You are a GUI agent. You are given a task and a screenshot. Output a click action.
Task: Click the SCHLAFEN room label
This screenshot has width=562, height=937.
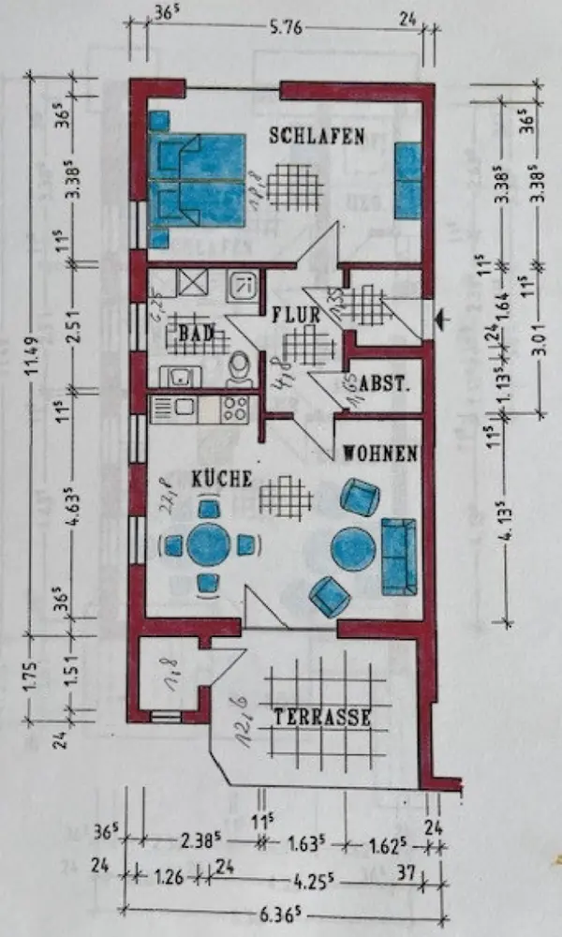pos(317,136)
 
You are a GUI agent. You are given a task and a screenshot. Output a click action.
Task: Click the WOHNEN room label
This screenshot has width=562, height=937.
pos(379,454)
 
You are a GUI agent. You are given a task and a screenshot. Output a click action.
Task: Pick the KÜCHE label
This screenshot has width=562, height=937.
pos(222,478)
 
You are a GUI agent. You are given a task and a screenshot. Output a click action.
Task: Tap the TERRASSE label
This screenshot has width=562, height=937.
pos(322,718)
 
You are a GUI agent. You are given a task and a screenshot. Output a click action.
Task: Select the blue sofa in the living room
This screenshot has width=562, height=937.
pos(397,556)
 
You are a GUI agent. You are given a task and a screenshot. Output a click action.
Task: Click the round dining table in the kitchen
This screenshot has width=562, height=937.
pos(208,544)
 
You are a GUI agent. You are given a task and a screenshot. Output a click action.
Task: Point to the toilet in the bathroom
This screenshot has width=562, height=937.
pos(240,368)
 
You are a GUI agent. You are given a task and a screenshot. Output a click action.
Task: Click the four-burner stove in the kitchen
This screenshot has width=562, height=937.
pos(234,408)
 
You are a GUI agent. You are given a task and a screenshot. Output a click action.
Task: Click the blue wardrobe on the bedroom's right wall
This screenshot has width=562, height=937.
pos(408,181)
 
